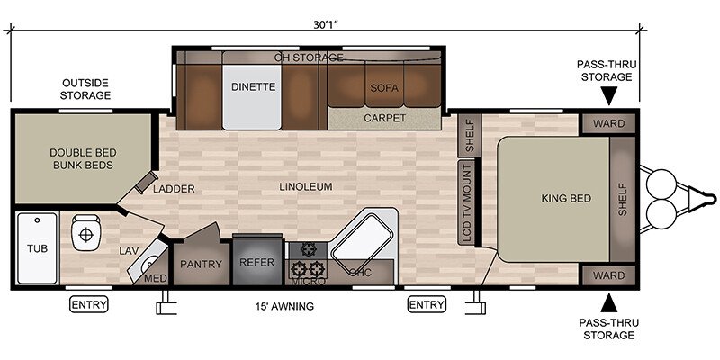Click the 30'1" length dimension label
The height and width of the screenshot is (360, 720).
[326, 25]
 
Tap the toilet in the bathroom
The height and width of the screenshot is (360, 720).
[85, 233]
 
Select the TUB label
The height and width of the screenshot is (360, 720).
[37, 249]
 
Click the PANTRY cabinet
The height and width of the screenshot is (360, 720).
[201, 264]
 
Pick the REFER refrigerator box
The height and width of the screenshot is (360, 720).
[256, 262]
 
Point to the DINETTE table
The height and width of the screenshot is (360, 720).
[252, 97]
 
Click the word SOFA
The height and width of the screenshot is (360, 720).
[384, 87]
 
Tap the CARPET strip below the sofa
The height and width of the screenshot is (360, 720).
[385, 119]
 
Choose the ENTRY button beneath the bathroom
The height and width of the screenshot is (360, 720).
[89, 304]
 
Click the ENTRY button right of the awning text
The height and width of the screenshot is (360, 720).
[427, 304]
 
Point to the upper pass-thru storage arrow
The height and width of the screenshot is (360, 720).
[609, 98]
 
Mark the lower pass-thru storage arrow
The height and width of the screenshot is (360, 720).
[609, 303]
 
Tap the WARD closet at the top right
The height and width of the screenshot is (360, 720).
[608, 123]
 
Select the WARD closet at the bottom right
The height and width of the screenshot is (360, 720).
[608, 275]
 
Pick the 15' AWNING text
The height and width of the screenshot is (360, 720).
[284, 306]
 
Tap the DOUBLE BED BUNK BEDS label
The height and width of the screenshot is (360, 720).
[83, 159]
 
